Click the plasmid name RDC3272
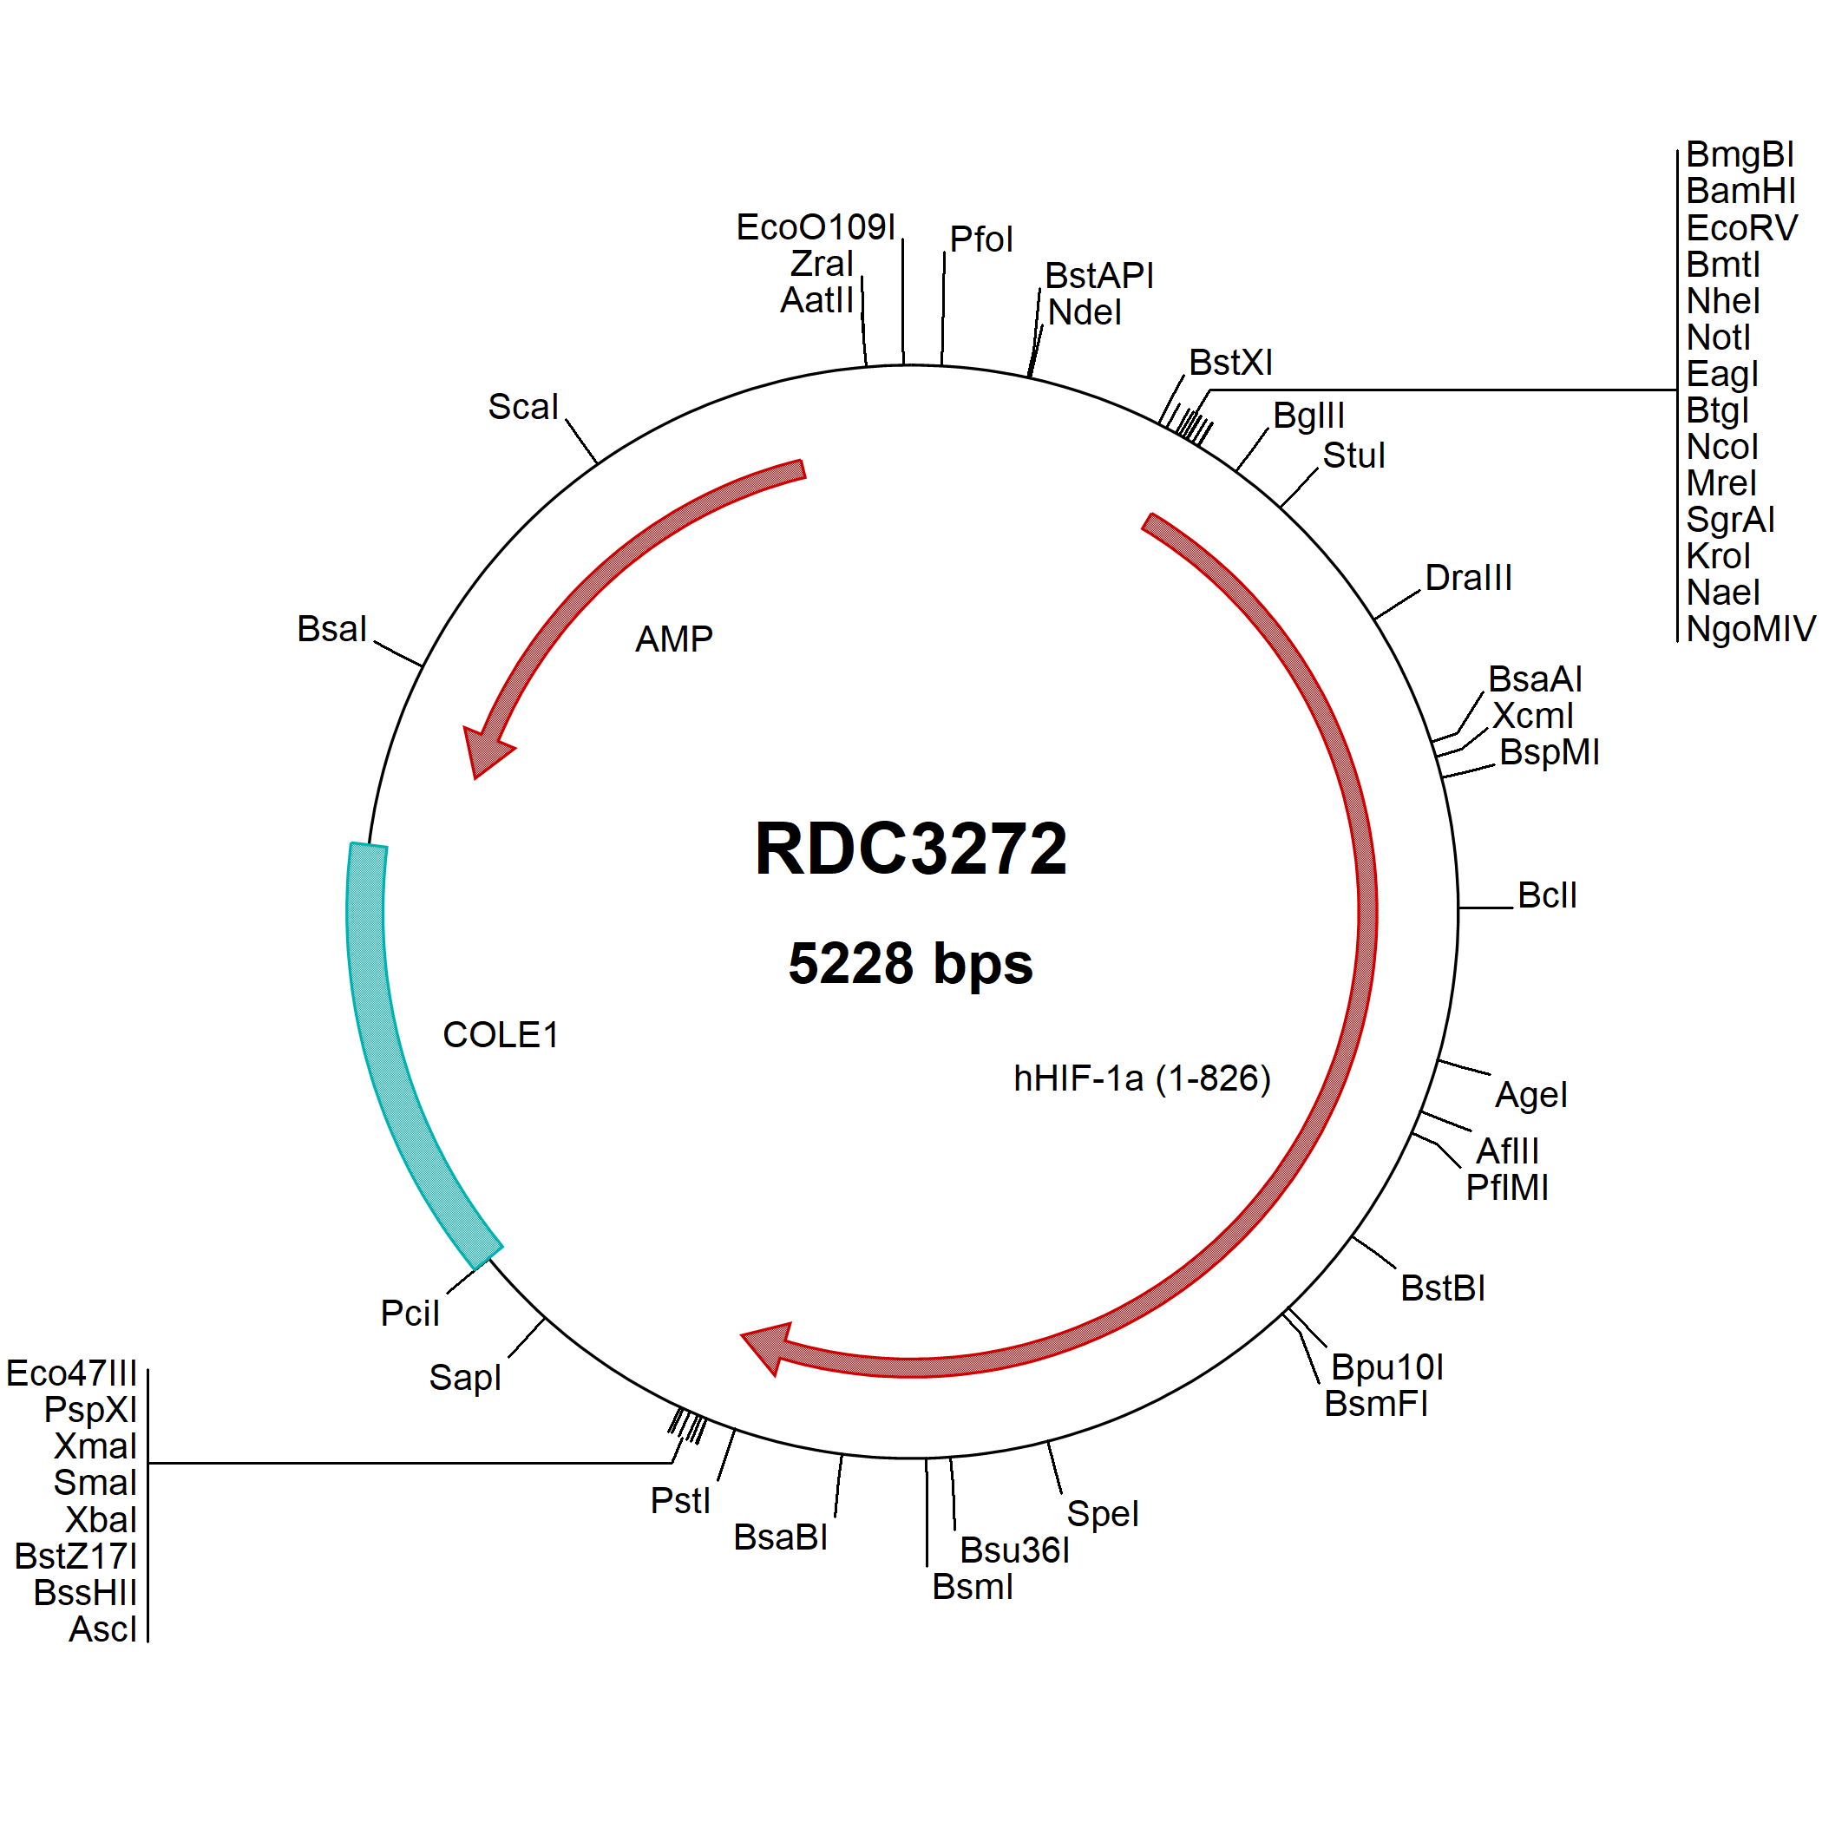point(910,848)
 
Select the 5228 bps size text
point(910,964)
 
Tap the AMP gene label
point(673,639)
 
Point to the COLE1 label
point(500,1034)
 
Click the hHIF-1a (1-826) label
point(1142,1078)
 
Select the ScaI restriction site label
point(523,406)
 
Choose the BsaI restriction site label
point(331,628)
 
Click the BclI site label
point(1547,895)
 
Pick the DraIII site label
point(1468,577)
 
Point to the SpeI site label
point(1103,1514)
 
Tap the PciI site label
point(410,1313)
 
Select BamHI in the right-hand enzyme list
point(1741,191)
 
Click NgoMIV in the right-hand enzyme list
point(1750,628)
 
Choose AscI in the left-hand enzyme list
point(102,1629)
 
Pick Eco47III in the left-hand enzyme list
point(72,1373)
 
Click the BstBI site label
point(1443,1288)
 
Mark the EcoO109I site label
point(816,226)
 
